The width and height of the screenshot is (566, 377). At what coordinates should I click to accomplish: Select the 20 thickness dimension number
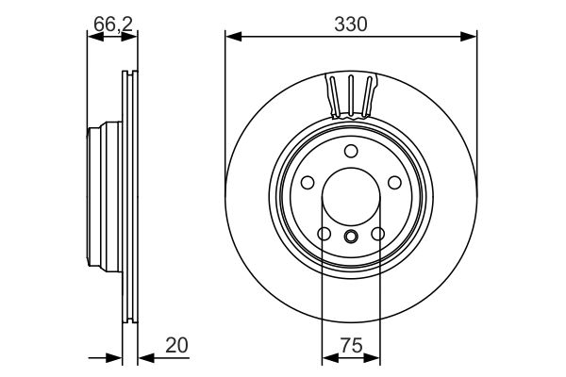[176, 345]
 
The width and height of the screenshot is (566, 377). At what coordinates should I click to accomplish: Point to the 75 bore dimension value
[351, 345]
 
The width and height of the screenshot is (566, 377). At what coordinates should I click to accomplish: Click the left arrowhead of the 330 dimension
[231, 37]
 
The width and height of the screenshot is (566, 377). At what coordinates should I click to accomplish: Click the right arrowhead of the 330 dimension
[471, 37]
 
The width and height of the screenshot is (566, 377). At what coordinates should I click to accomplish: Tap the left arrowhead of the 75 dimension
[327, 357]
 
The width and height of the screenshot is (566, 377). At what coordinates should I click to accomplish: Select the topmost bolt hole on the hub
[351, 151]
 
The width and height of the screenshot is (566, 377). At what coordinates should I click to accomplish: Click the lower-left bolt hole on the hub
[324, 234]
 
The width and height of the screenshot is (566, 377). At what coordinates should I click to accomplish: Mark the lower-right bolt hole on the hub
[378, 234]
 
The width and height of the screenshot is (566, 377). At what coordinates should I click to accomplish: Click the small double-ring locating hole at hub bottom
[351, 237]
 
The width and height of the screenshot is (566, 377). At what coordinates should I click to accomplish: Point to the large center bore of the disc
[351, 200]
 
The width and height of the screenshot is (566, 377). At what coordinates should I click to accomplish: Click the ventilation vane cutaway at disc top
[351, 95]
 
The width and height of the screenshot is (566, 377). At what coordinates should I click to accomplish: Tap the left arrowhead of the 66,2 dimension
[92, 37]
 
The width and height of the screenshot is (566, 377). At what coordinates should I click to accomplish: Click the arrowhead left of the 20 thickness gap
[117, 357]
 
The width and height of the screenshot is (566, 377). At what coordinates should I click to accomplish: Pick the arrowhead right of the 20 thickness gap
[142, 357]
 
